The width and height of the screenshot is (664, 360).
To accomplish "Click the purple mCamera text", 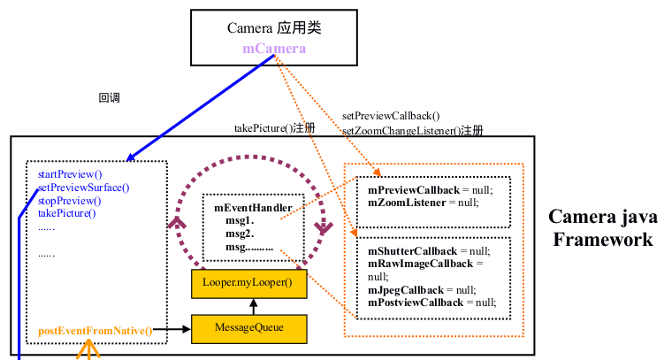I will point(274,48).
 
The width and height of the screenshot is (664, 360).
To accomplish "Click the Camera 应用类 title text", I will point(274,28).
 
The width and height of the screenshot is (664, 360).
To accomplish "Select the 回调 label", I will point(109,98).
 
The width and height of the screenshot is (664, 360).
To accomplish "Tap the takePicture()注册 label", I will point(274,128).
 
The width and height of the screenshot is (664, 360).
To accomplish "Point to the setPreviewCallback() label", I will point(391,115).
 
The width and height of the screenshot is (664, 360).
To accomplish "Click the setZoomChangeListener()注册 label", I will point(412,130).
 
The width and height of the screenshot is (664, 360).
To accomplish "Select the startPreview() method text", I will point(70,174).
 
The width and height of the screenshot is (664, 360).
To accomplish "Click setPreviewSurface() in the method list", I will point(83,188).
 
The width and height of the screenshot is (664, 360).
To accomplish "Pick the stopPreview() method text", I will point(68,200).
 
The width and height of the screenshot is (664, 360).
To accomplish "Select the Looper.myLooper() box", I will point(248,284).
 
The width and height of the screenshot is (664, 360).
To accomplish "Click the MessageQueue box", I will point(248,327).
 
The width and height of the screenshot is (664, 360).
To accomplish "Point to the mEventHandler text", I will point(253,208).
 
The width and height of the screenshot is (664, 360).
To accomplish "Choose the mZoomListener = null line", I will point(422,203).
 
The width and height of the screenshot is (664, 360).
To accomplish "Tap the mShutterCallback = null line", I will point(428,251).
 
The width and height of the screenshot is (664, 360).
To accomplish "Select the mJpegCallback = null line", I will point(421,289).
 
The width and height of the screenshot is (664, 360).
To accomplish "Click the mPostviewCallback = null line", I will point(431,302).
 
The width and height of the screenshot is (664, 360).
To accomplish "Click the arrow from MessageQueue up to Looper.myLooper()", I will point(254,306).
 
